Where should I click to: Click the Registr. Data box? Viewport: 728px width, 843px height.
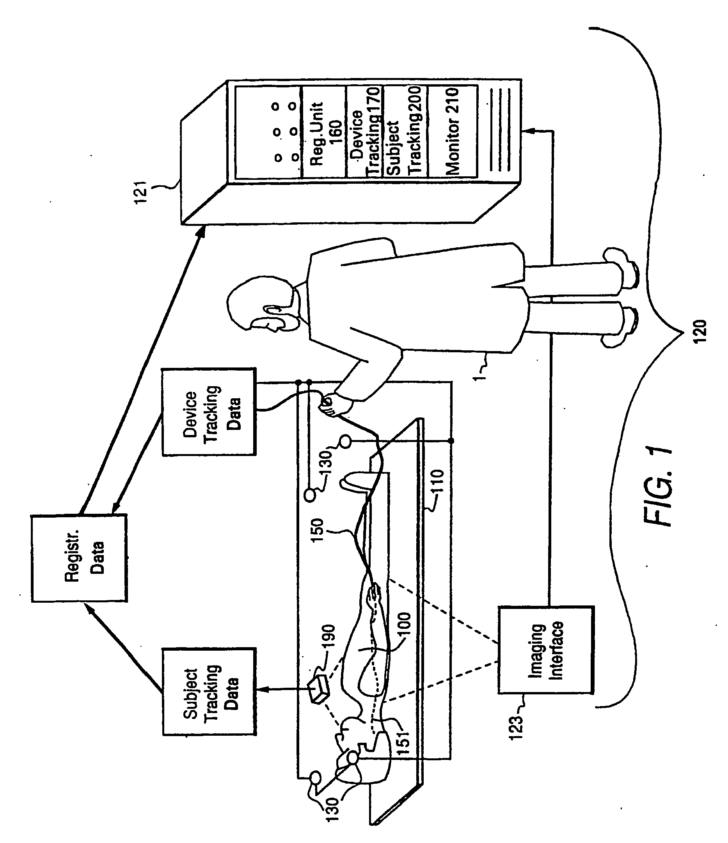coord(79,558)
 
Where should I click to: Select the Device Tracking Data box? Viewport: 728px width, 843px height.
coord(209,412)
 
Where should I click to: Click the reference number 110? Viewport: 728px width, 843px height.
coord(436,482)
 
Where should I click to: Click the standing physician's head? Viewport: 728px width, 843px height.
coord(261,303)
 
